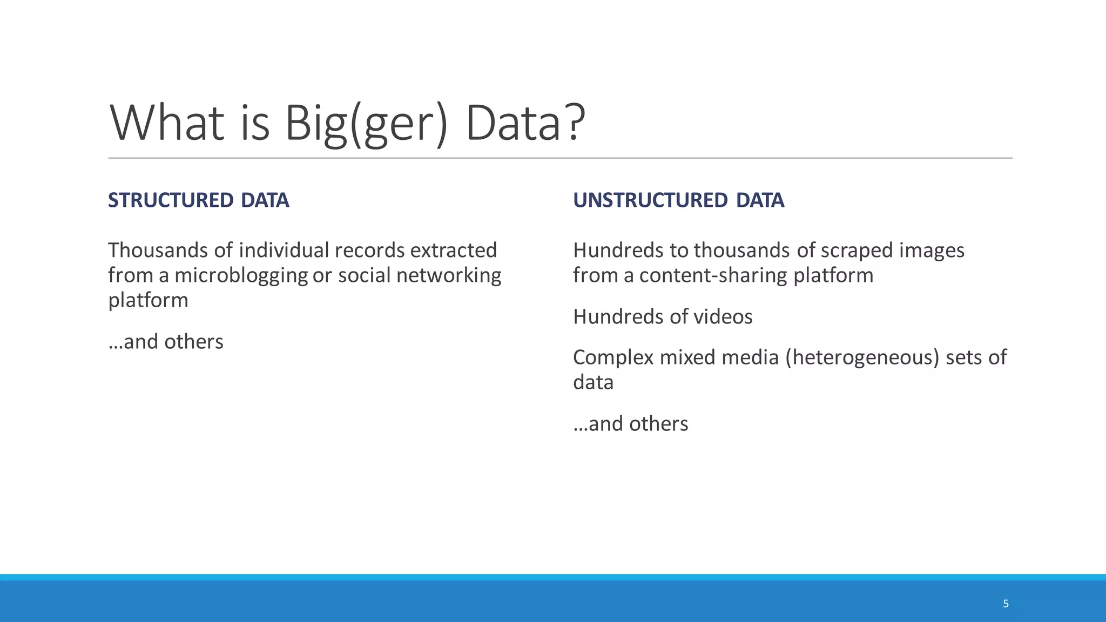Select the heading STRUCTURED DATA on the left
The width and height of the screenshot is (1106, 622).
click(198, 200)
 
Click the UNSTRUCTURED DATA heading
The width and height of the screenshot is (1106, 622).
click(678, 200)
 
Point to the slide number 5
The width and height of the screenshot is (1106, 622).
click(1006, 604)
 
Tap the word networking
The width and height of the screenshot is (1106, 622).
click(449, 276)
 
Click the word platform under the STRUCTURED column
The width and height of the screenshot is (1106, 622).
click(148, 301)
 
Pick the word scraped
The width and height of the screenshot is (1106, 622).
click(857, 251)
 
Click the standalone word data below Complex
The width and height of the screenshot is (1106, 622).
click(593, 383)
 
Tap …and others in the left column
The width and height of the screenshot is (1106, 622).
click(166, 342)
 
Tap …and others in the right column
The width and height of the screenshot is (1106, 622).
click(631, 424)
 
